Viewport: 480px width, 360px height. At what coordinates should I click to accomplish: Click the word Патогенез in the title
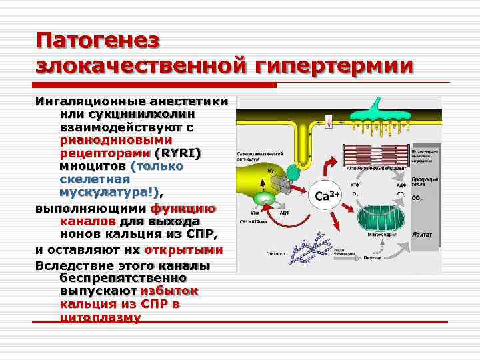[98, 40]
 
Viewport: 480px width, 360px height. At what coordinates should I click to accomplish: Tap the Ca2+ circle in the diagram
[327, 196]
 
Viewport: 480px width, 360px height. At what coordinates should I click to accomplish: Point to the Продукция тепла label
[424, 182]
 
